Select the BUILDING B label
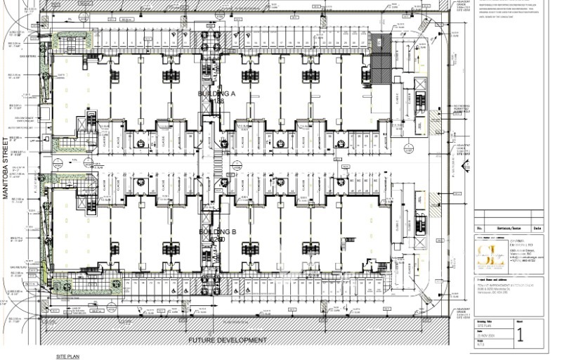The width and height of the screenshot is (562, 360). coord(216,232)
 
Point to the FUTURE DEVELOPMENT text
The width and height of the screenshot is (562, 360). coord(228,340)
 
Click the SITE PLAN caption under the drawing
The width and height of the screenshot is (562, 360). coord(67,356)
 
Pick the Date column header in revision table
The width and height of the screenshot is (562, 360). coord(537,229)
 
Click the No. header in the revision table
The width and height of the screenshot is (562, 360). coord(481,229)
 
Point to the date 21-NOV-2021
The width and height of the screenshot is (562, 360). coord(488,335)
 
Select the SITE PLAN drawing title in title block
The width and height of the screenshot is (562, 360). coord(485,326)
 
